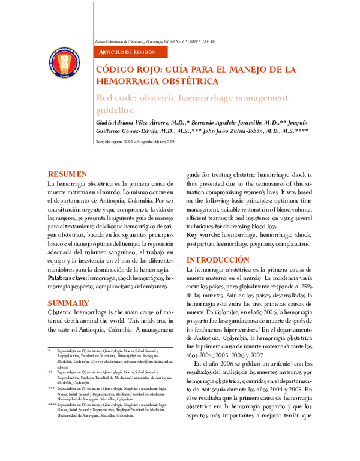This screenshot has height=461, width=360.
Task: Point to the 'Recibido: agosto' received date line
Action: pos(135,142)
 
